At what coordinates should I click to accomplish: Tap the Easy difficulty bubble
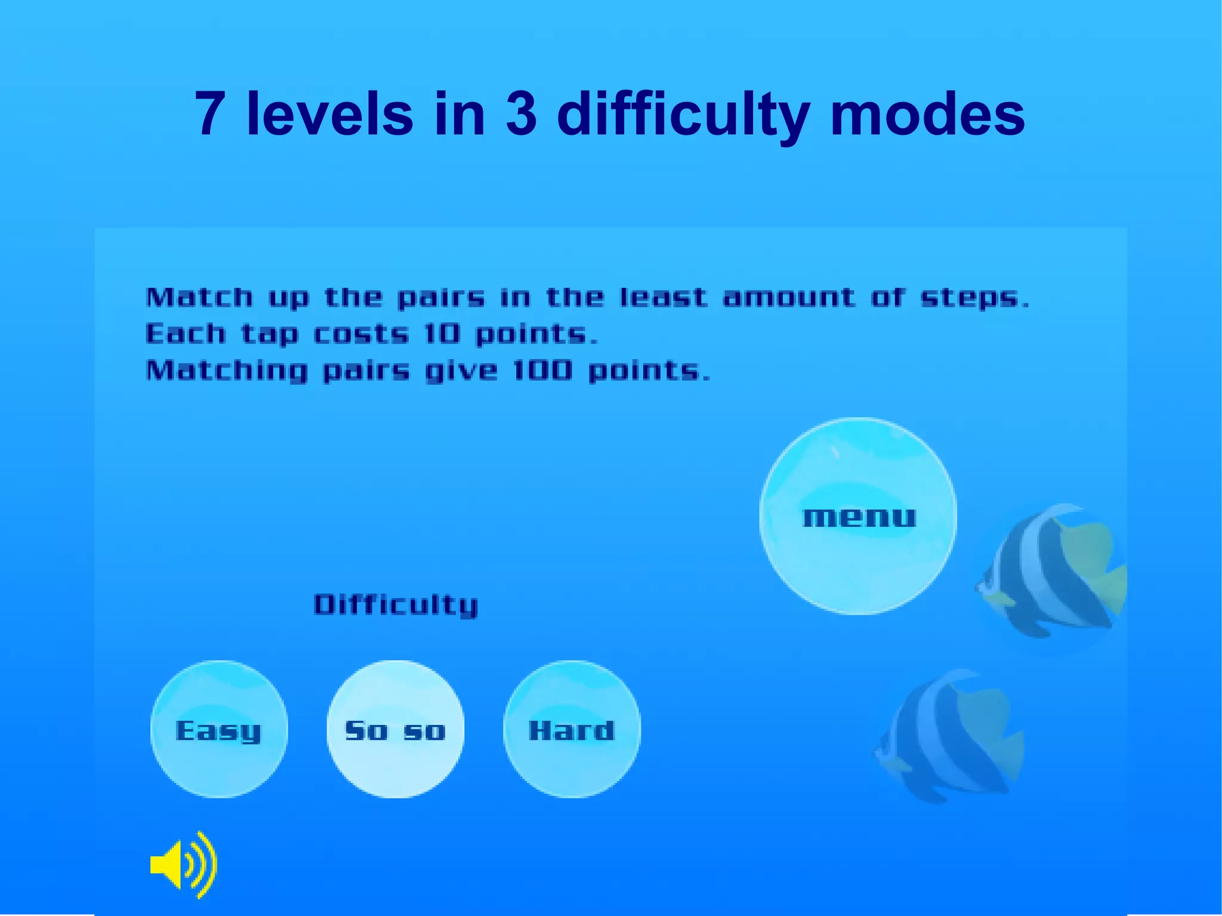pyautogui.click(x=219, y=729)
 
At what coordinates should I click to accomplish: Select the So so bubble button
pyautogui.click(x=395, y=729)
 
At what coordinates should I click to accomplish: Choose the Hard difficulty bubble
pyautogui.click(x=572, y=729)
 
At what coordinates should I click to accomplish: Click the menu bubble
pyautogui.click(x=858, y=516)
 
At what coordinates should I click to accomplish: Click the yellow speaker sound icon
pyautogui.click(x=184, y=864)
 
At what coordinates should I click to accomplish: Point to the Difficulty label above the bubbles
pyautogui.click(x=396, y=605)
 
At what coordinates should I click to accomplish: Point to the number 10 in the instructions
pyautogui.click(x=442, y=334)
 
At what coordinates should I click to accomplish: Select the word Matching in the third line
pyautogui.click(x=227, y=371)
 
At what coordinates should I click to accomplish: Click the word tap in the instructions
pyautogui.click(x=269, y=335)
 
